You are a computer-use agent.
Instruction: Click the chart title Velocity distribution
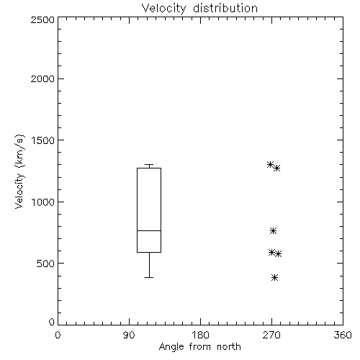coord(199,9)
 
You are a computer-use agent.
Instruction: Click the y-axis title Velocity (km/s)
coord(19,171)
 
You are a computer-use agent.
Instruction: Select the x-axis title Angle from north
coord(199,347)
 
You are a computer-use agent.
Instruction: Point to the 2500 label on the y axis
coord(42,19)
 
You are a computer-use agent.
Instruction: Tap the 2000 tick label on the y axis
coord(42,78)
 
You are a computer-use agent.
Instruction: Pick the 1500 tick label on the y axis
coord(43,140)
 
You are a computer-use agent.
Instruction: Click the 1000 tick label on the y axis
coord(43,202)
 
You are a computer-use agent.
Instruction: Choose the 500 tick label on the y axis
coord(46,264)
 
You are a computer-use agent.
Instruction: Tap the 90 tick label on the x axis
coord(129,335)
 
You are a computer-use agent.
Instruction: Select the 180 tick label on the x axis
coord(200,335)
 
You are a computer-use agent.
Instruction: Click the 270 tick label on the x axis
coord(271,335)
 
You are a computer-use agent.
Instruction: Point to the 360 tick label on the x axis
coord(343,335)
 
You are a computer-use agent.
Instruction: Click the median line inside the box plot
coord(149,230)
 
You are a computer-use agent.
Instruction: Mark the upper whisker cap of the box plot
coord(149,165)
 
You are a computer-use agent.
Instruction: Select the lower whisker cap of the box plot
coord(149,277)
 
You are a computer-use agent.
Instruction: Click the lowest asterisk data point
coord(274,278)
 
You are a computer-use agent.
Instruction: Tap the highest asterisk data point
coord(271,165)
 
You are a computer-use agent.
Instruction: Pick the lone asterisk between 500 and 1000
coord(273,231)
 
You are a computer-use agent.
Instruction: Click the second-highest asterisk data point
coord(277,168)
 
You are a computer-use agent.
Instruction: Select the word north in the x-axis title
coord(229,347)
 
